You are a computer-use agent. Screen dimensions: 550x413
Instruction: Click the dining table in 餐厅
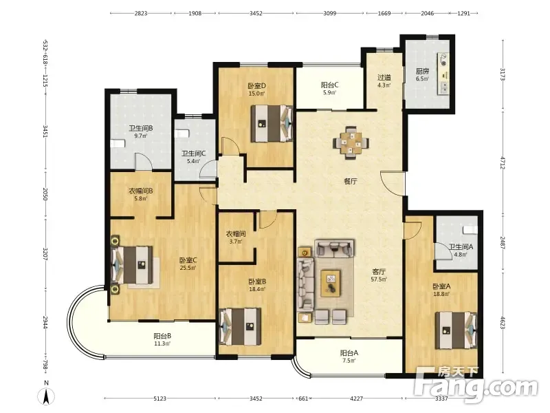351,143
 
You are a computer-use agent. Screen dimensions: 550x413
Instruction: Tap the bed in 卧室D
272,124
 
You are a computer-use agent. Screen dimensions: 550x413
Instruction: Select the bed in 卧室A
456,330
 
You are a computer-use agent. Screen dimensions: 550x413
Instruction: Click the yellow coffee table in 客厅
331,283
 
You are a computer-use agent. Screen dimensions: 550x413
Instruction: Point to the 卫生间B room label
141,128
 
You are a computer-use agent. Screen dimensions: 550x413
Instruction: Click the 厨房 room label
423,72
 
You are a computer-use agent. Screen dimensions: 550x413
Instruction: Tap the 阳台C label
330,85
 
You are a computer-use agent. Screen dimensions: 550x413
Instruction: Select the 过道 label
384,77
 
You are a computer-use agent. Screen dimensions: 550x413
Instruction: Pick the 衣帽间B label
141,191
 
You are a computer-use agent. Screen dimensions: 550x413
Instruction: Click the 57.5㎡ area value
379,279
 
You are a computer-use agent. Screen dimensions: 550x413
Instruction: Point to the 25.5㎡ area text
188,268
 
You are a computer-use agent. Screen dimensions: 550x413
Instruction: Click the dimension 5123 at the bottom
160,399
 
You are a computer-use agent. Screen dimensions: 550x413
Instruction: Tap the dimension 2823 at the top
141,13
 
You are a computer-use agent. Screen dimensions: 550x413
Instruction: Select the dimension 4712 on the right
503,163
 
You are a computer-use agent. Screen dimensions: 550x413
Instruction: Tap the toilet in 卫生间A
470,231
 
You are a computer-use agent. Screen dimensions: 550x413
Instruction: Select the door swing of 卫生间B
144,162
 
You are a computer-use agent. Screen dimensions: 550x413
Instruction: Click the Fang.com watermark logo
475,385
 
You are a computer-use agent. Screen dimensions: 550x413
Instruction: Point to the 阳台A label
349,353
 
